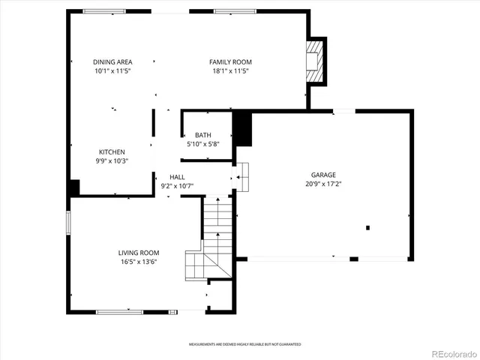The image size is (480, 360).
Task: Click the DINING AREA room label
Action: (112, 62)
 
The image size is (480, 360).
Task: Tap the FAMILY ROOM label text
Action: (230, 62)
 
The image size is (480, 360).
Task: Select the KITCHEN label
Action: (112, 151)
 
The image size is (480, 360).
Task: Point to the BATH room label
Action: (203, 135)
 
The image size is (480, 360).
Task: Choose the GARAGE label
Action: (323, 175)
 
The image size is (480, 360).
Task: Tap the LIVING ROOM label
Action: (138, 253)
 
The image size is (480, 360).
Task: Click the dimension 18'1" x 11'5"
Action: (230, 71)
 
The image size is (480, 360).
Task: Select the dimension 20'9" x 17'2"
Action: (323, 184)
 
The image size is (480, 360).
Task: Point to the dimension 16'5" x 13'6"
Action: (138, 262)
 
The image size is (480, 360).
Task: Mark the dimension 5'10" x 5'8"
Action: (203, 144)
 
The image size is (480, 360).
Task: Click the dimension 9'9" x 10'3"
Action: (112, 160)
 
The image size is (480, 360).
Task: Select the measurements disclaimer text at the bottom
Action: (244, 344)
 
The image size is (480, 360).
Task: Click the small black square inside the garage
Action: (367, 227)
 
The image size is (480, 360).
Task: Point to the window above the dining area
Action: (104, 11)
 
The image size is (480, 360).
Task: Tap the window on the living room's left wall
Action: (68, 222)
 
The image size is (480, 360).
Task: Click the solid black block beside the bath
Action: (242, 128)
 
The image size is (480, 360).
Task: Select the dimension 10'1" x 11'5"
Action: (112, 71)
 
